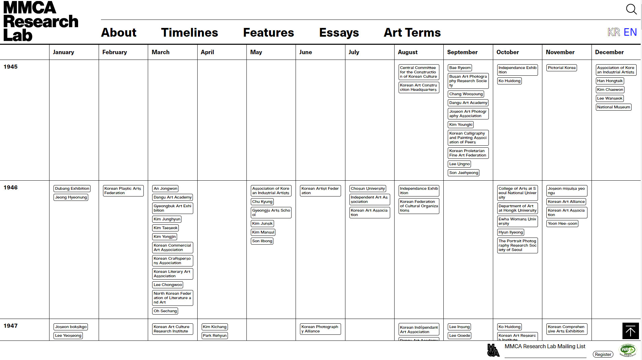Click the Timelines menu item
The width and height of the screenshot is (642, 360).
tap(190, 33)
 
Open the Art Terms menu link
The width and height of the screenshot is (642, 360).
tap(412, 33)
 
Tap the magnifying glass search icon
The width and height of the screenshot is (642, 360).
tap(631, 9)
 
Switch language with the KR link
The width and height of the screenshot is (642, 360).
tap(614, 32)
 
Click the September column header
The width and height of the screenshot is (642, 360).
tap(462, 52)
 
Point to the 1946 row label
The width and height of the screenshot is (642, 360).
tap(10, 187)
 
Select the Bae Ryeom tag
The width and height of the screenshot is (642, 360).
tap(460, 68)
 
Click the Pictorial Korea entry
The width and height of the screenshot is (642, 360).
tap(562, 68)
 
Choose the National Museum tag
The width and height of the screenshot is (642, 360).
tap(613, 107)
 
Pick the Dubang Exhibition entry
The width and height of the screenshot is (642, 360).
tap(72, 188)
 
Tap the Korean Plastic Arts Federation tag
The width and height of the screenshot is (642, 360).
tap(123, 191)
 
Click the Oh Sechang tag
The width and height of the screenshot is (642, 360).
tap(165, 311)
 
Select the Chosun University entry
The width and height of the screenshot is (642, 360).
tap(368, 188)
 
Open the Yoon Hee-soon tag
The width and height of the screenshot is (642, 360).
tap(562, 223)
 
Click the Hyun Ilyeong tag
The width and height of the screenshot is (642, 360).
tap(511, 232)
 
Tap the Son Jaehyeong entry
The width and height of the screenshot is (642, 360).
tap(464, 173)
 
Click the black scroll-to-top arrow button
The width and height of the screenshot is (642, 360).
tap(630, 331)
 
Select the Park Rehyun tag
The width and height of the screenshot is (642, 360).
tap(215, 335)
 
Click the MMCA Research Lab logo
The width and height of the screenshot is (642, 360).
tap(40, 21)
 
